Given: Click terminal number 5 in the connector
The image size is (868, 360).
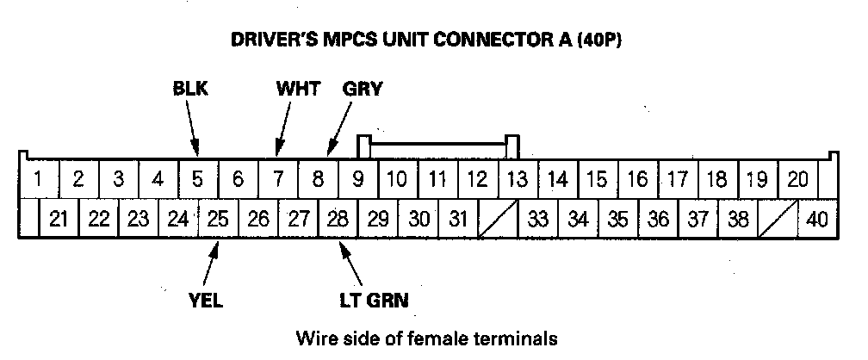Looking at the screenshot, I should point(198,179).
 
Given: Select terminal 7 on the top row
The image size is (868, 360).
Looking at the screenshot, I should point(278,179).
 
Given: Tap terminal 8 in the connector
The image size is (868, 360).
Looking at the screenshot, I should point(318,179).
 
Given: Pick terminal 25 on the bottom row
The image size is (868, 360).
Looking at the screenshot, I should point(218,220).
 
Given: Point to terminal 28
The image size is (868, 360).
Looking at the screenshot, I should point(338,220).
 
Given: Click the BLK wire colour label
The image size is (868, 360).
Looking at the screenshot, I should point(191,88).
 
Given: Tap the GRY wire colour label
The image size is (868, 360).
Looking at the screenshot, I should point(362,88).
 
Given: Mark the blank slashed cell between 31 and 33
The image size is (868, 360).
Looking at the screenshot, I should point(497,220).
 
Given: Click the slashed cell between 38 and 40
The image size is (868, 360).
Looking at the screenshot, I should point(778,220).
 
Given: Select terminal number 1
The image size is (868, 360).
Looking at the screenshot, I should point(39,179).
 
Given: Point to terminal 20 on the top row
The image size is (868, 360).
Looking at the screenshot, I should point(797,179).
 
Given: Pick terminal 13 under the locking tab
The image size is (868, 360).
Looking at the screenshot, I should point(517,179).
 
